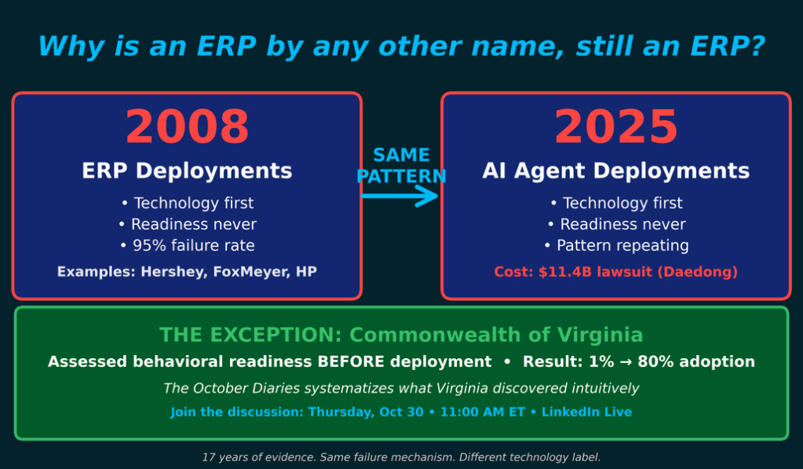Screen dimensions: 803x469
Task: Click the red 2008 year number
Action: point(187,126)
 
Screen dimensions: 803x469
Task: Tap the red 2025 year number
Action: point(616,126)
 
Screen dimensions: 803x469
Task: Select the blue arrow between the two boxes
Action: point(400,196)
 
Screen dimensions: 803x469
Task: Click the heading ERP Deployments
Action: point(187,170)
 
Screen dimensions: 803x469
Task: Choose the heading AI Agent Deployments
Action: point(615,170)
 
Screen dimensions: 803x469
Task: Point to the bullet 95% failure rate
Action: point(188,246)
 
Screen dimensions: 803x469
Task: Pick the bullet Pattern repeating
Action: point(617,246)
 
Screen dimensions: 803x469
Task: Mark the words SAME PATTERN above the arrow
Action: point(402,166)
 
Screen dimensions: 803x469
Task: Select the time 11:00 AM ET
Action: point(483,412)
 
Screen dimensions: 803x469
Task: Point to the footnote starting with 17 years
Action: point(401,457)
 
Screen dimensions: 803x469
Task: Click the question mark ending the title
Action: point(757,46)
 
